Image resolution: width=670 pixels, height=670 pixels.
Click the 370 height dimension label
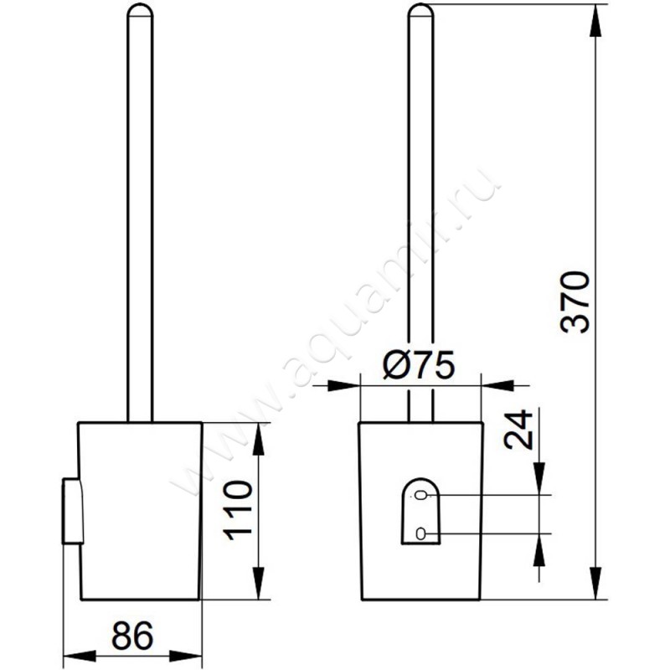pyautogui.click(x=575, y=301)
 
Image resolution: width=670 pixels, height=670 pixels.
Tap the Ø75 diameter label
pyautogui.click(x=419, y=365)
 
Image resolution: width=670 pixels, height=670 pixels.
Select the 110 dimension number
pyautogui.click(x=238, y=510)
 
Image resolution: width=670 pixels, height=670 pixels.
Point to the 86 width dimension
pyautogui.click(x=132, y=636)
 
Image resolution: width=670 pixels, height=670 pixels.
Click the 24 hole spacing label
pyautogui.click(x=518, y=430)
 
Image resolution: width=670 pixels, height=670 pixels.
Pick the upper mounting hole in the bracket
pyautogui.click(x=421, y=495)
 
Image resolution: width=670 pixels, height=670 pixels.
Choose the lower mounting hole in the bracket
pyautogui.click(x=421, y=533)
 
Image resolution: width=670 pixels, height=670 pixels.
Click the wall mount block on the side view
pyautogui.click(x=73, y=511)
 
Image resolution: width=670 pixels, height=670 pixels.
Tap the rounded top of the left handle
pyautogui.click(x=140, y=10)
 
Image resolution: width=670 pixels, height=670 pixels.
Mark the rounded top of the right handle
pyautogui.click(x=421, y=10)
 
